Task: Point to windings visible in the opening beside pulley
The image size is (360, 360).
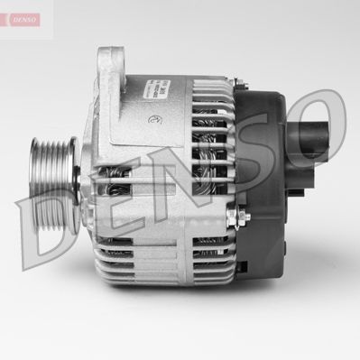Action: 117,185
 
